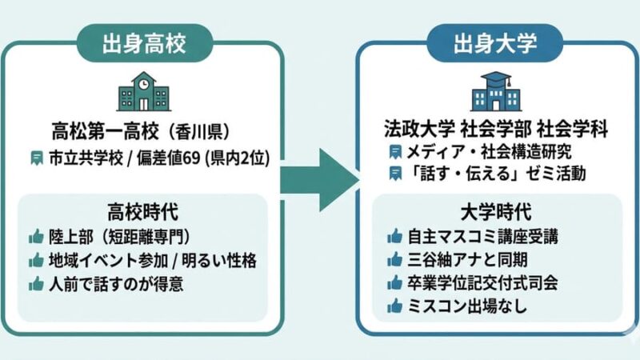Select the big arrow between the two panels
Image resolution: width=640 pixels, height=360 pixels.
tap(319, 178)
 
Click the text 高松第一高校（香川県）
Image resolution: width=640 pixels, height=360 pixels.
tap(144, 131)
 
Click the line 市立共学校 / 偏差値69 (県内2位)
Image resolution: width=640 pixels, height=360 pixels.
tap(150, 158)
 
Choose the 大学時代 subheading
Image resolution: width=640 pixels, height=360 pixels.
tap(494, 212)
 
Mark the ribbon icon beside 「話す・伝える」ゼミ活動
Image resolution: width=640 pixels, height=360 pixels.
tap(394, 174)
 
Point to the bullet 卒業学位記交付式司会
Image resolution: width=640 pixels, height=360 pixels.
tap(472, 282)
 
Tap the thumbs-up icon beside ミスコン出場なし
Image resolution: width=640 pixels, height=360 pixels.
tap(394, 306)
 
